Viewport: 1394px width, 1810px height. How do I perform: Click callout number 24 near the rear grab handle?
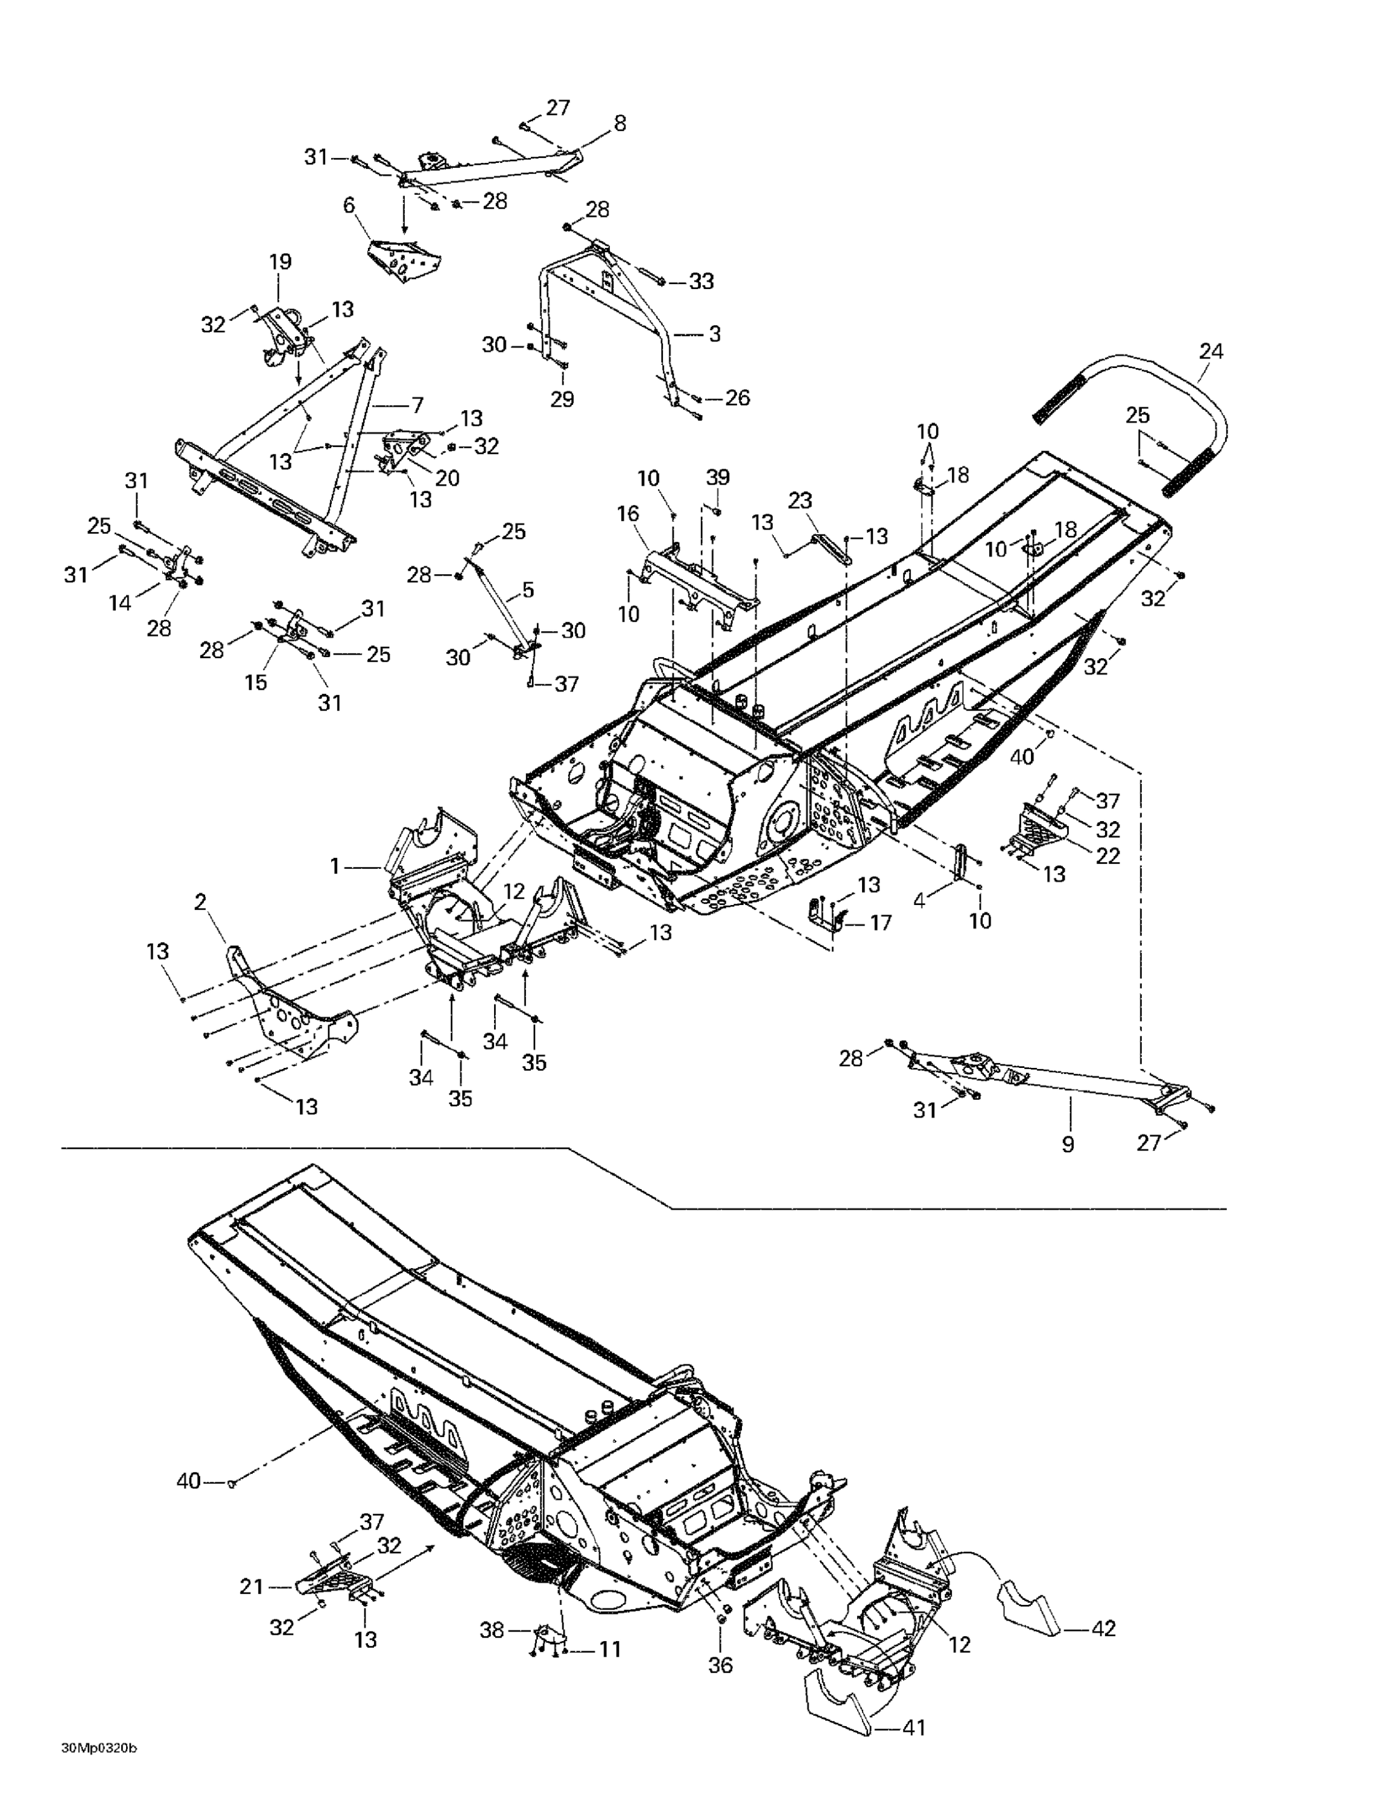coord(1210,351)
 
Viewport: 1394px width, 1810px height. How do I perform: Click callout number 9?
coord(1068,1145)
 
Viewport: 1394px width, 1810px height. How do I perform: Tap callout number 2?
coord(200,903)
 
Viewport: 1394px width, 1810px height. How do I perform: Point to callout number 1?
coord(335,866)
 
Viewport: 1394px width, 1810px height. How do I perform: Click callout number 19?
coord(280,262)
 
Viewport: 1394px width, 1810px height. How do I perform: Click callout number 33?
coord(701,281)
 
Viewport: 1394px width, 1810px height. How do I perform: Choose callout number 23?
coord(800,501)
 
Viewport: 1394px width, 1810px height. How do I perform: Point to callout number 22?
coord(1107,856)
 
